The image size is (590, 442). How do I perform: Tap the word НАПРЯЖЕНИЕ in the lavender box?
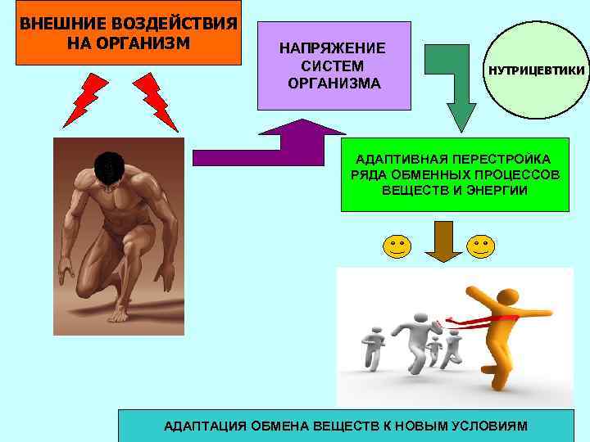click(x=334, y=48)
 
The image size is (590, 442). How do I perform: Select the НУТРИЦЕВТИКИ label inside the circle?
click(x=537, y=71)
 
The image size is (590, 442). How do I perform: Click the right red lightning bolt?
click(x=155, y=100)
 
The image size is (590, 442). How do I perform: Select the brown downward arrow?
click(x=443, y=239)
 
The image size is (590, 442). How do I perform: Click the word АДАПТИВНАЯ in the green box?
click(x=395, y=159)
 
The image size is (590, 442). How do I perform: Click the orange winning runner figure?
click(x=496, y=327)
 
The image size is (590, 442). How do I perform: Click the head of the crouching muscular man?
click(x=107, y=166)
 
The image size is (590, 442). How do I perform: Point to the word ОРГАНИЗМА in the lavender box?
click(x=334, y=83)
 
